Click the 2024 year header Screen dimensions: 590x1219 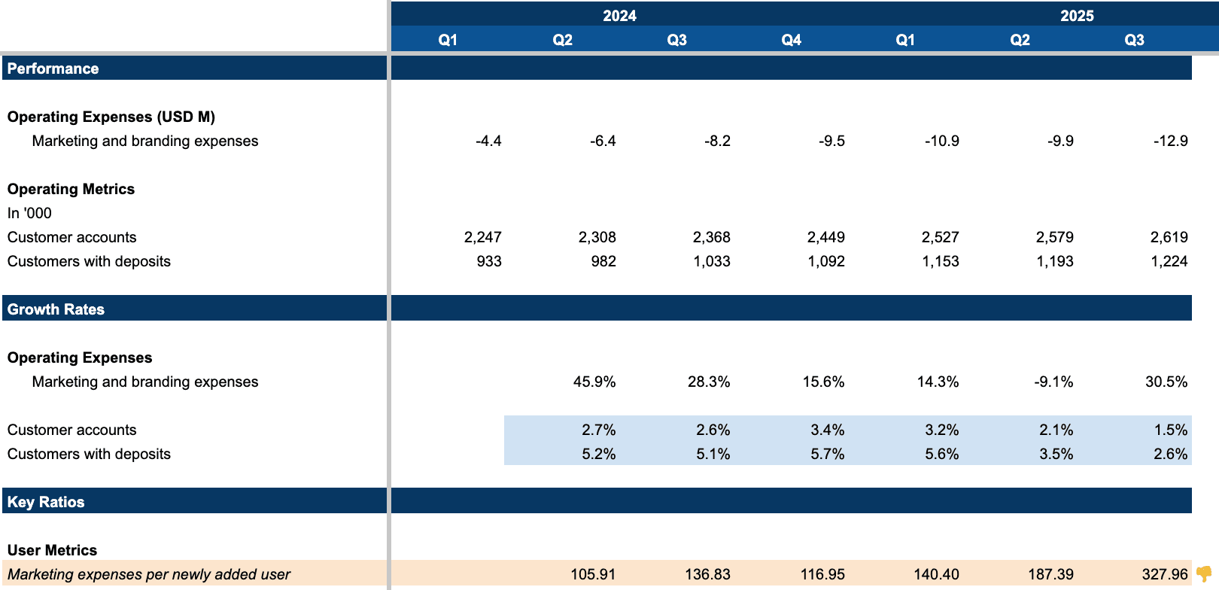(619, 16)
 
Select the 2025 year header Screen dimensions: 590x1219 (1077, 16)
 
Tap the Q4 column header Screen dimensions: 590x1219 (791, 40)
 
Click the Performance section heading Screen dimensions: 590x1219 (53, 68)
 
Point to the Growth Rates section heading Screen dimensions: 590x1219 (56, 309)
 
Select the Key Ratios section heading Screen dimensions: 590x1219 (46, 502)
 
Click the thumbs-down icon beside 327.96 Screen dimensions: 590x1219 (1203, 574)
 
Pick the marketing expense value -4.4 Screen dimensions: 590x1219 (488, 141)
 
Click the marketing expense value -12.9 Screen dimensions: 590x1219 (1170, 141)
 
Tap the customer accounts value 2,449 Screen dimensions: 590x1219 (825, 237)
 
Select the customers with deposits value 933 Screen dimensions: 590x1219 (489, 261)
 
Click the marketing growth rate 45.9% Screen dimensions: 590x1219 (594, 382)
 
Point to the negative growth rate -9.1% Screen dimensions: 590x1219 (1053, 382)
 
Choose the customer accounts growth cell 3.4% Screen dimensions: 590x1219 (827, 430)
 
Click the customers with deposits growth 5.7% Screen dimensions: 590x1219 (827, 454)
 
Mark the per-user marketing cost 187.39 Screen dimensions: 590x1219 (1050, 574)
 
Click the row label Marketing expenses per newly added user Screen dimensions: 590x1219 (149, 574)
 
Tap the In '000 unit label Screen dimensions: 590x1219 (29, 213)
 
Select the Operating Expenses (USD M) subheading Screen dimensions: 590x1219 (111, 117)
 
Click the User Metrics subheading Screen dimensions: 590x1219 (52, 550)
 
